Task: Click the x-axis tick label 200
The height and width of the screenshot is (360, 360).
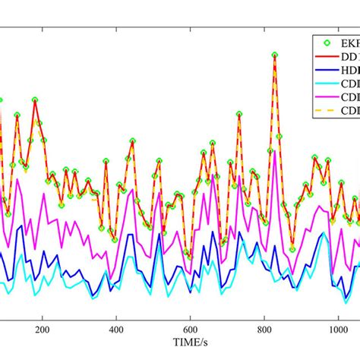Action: [x=42, y=320]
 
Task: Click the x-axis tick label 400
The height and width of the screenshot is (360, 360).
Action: [x=115, y=320]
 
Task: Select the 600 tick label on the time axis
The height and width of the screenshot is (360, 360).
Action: [x=190, y=320]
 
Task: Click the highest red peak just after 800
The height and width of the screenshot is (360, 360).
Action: [x=275, y=55]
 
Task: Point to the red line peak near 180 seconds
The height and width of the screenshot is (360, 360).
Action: [x=35, y=99]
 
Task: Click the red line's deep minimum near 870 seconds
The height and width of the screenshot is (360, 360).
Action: [x=292, y=248]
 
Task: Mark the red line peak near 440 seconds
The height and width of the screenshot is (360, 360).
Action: [x=133, y=141]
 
